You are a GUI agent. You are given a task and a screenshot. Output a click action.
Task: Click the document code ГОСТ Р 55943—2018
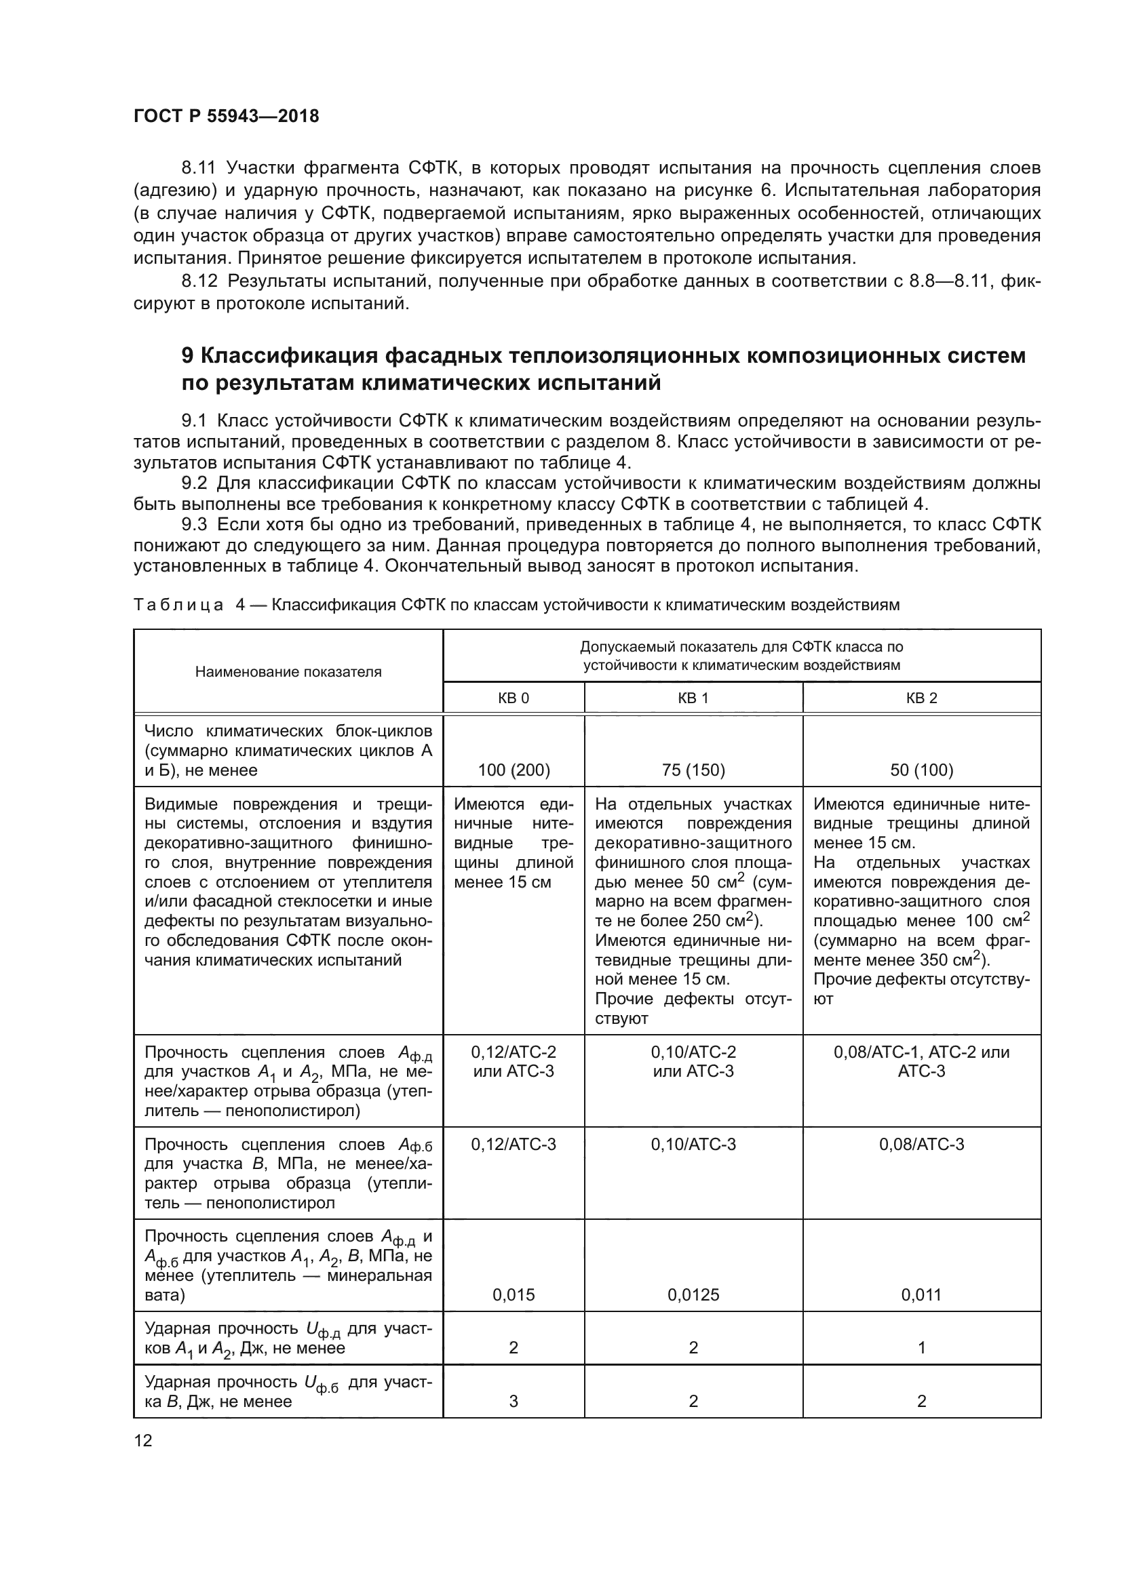(226, 116)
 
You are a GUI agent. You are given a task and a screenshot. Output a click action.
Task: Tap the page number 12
(143, 1440)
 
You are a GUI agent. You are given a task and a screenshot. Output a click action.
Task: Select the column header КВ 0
(514, 698)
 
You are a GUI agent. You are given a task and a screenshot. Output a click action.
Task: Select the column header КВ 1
(693, 698)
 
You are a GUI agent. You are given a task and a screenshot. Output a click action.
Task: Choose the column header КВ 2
(921, 698)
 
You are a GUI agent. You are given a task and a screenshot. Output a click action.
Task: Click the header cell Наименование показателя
(288, 671)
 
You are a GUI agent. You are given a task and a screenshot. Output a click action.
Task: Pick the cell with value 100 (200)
(514, 770)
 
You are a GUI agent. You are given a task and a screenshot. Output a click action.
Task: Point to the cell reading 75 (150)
(693, 770)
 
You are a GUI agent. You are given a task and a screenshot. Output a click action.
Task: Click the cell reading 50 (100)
(921, 770)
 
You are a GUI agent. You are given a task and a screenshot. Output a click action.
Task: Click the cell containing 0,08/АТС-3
(921, 1145)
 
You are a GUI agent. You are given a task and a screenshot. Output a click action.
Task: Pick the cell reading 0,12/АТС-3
(514, 1145)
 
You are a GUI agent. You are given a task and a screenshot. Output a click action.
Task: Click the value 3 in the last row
(514, 1401)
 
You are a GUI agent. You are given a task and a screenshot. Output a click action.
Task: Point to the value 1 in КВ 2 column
(921, 1348)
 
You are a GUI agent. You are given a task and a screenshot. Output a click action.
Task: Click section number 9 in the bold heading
(187, 356)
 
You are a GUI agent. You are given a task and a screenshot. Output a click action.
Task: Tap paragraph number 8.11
(199, 168)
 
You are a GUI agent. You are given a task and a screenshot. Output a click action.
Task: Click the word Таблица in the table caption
(178, 605)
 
